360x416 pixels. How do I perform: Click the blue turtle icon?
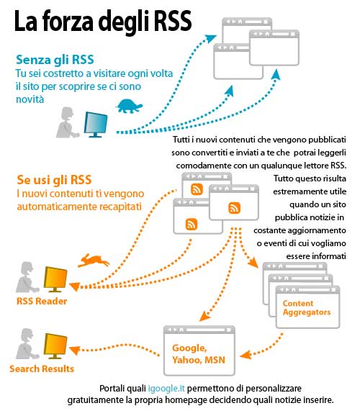(x=129, y=107)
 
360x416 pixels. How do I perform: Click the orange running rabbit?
(x=93, y=261)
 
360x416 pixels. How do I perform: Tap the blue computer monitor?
(x=96, y=125)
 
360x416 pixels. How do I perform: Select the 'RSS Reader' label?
(x=42, y=301)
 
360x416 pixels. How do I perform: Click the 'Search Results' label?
(x=42, y=368)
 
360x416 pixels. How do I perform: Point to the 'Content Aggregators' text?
(x=307, y=308)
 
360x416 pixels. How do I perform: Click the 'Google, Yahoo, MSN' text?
(x=199, y=354)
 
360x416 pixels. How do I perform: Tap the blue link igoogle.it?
(x=166, y=389)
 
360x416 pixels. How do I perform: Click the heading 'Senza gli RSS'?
(x=55, y=60)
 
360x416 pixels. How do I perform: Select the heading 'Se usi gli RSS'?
(x=54, y=180)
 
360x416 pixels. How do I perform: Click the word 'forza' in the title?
(x=68, y=21)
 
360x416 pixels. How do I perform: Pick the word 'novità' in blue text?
(x=30, y=99)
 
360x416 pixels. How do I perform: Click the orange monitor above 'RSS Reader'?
(x=55, y=279)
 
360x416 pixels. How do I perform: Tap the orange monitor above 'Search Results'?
(x=55, y=345)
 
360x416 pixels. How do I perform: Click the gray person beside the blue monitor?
(x=67, y=122)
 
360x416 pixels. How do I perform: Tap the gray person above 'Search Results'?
(x=27, y=344)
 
